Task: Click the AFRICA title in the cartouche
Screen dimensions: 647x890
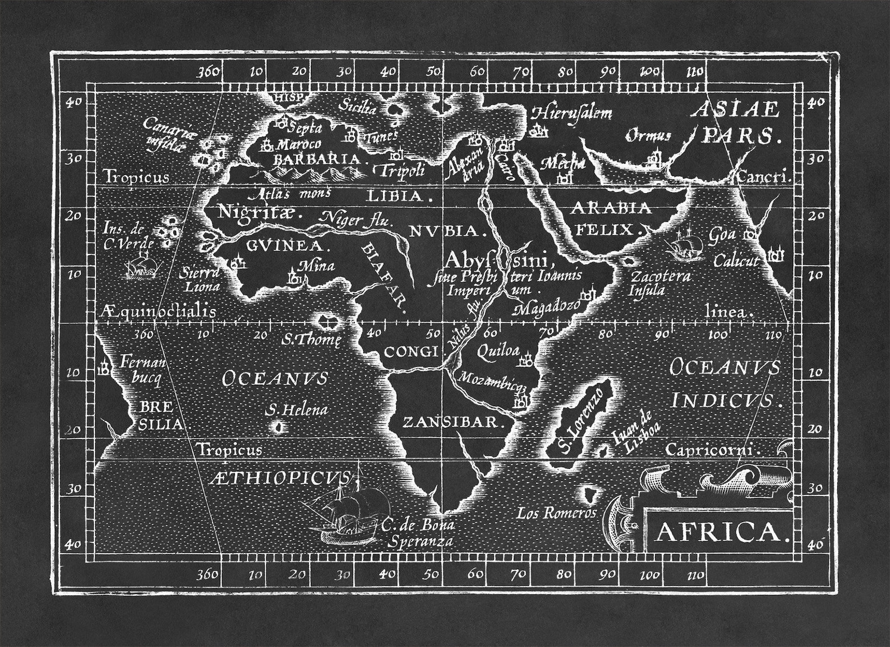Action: [x=719, y=532]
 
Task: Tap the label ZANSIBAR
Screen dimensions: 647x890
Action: [x=450, y=422]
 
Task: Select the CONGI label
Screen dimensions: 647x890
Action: [x=410, y=352]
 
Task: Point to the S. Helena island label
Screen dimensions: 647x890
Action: [x=296, y=409]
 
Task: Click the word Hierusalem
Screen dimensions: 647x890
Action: [x=572, y=113]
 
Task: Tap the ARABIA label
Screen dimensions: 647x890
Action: [x=611, y=208]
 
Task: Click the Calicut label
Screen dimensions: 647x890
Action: [x=736, y=260]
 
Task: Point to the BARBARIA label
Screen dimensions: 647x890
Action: [x=317, y=159]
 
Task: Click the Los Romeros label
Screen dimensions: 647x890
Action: [x=557, y=513]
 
